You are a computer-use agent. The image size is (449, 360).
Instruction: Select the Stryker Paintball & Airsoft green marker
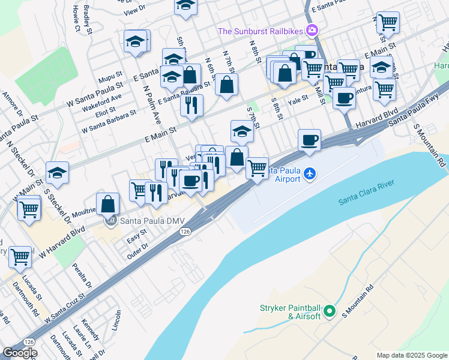[x=329, y=311]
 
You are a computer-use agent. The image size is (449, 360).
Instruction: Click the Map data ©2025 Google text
[x=411, y=355]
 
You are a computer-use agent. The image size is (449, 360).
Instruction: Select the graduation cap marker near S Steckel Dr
[x=57, y=173]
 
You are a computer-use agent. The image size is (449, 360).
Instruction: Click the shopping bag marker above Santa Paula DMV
[x=107, y=204]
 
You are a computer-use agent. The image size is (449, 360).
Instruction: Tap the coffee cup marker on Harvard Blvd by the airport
[x=309, y=141]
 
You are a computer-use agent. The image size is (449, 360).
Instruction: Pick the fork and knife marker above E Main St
[x=191, y=106]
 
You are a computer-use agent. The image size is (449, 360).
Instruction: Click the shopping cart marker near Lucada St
[x=20, y=257]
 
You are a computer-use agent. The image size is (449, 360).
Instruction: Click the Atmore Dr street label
[x=11, y=105]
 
